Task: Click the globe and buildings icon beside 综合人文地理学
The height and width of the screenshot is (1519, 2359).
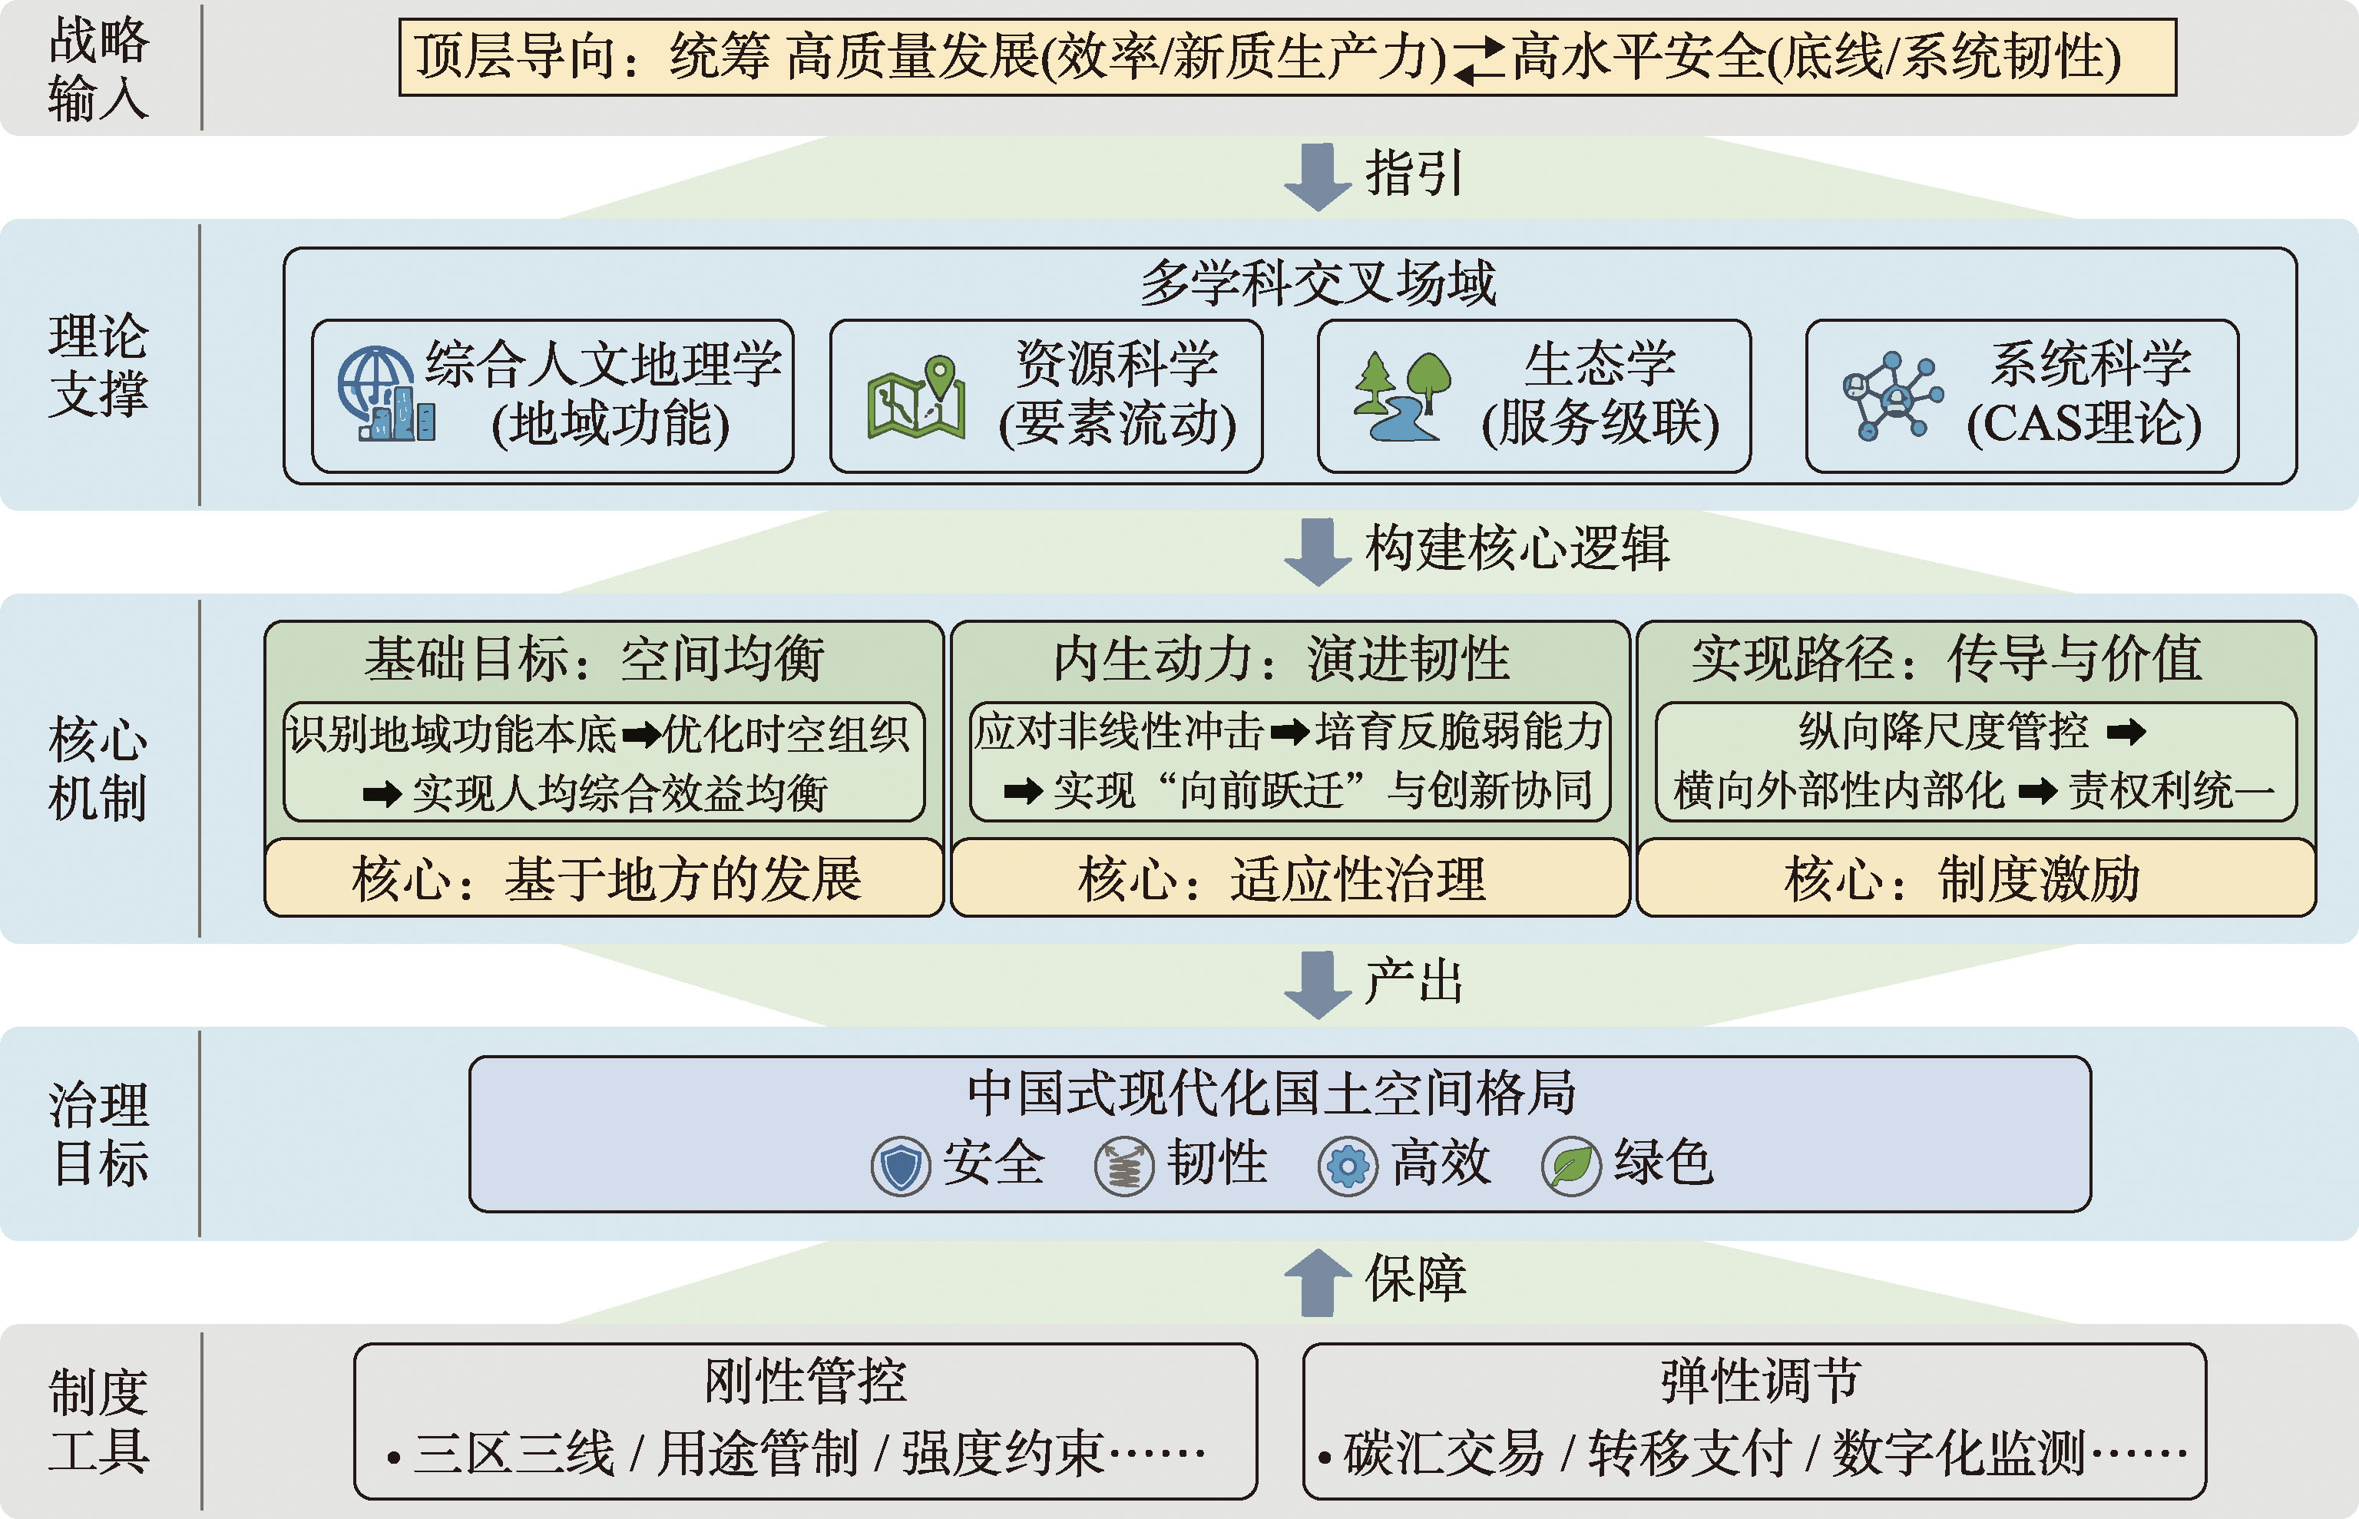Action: click(385, 395)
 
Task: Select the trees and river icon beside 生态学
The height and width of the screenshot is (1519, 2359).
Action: click(1401, 395)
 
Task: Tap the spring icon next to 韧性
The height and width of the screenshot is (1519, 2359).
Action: click(1124, 1166)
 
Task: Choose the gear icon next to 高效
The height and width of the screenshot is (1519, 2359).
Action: click(1347, 1166)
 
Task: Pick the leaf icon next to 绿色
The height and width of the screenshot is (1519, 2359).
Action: click(1571, 1166)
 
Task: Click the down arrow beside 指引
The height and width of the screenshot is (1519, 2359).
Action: click(1318, 177)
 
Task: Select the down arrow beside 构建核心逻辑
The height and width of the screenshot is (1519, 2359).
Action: click(1318, 551)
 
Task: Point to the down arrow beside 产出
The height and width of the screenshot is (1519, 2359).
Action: click(1318, 985)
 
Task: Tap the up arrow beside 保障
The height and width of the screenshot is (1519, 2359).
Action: click(1318, 1282)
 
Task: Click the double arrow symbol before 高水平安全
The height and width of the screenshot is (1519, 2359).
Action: click(1479, 59)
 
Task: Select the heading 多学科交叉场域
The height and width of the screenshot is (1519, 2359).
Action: click(1318, 283)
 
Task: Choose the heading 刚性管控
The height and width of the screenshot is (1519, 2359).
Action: click(805, 1381)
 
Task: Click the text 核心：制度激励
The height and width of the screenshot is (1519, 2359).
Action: click(1963, 879)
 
